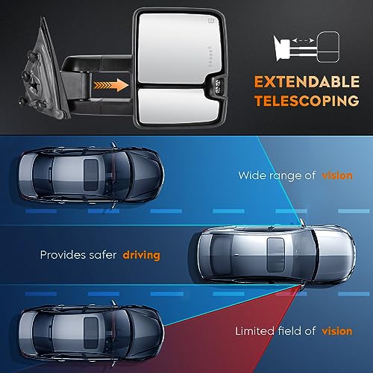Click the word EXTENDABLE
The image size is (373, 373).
(307, 82)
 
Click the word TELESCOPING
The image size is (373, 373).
(307, 101)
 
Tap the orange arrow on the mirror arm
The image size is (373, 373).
(111, 85)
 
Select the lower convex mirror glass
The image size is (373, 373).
(178, 106)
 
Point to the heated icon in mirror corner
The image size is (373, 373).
(211, 21)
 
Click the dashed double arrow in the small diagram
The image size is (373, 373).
(303, 40)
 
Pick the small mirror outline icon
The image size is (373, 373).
(329, 46)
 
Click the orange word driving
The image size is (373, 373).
(142, 255)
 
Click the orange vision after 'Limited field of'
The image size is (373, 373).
(337, 331)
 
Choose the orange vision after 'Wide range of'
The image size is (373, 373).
(337, 175)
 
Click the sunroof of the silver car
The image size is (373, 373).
(275, 254)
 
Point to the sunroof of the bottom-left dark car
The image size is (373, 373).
(91, 333)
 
